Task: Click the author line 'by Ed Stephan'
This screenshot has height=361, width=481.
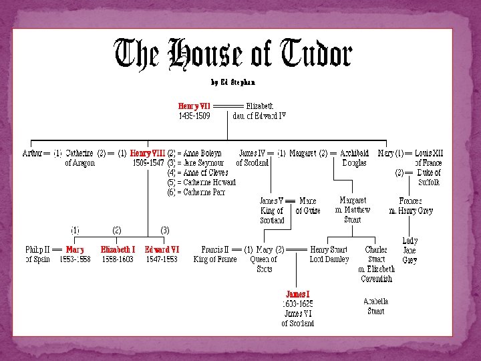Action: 232,83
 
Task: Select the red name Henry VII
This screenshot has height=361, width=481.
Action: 194,106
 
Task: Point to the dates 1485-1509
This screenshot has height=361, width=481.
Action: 194,116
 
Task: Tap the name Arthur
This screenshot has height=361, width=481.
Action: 32,153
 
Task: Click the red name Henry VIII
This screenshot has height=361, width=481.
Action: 148,153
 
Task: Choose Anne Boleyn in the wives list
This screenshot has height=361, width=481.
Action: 202,153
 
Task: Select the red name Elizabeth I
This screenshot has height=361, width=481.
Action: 118,249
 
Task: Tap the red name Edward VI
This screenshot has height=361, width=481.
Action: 162,249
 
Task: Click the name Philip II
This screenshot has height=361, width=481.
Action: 37,249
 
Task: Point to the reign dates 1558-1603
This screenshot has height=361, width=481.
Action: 118,259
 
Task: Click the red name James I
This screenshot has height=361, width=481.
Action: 298,294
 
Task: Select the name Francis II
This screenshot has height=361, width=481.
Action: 215,249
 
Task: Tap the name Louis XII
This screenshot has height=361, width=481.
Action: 429,153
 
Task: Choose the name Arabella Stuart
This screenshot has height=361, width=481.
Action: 375,306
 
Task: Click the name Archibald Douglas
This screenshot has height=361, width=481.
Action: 354,158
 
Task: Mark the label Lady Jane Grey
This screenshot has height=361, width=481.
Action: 410,250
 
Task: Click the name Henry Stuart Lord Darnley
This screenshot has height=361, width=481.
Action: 329,254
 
